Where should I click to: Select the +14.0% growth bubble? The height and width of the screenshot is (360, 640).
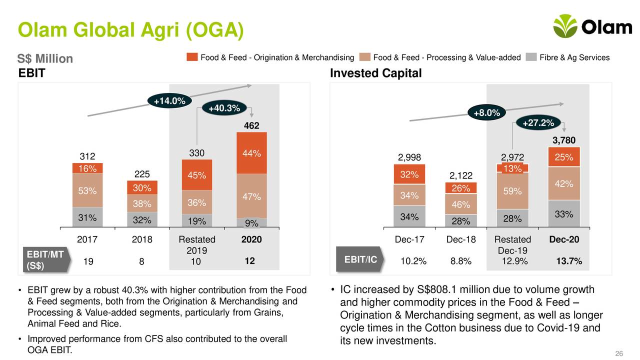(x=169, y=101)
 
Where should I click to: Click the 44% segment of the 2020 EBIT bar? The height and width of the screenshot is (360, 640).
(x=251, y=153)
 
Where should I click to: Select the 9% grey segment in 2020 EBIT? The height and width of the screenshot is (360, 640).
(x=251, y=223)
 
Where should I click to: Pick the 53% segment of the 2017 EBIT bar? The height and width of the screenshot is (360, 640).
(x=87, y=190)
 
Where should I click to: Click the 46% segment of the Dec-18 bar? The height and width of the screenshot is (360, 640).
(x=460, y=204)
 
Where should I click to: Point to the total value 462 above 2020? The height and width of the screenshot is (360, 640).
(x=251, y=126)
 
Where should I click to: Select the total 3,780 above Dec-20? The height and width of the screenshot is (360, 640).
(x=564, y=140)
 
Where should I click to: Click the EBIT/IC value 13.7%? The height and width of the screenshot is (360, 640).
(x=569, y=261)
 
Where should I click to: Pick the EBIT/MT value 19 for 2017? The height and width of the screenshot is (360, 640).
(x=87, y=261)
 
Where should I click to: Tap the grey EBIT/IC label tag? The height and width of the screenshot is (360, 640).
(x=359, y=259)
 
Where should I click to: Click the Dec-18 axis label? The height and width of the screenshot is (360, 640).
(x=460, y=239)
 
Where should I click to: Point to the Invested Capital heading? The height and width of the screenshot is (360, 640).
(x=376, y=73)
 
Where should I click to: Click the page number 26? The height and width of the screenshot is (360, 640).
(x=618, y=354)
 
